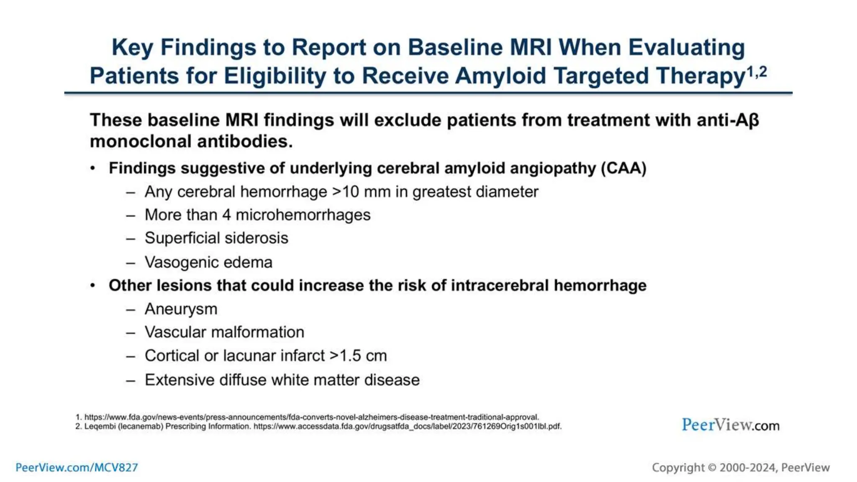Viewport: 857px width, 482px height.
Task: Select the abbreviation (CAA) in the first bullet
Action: (x=624, y=168)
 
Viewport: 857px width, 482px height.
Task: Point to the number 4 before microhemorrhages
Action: (x=226, y=215)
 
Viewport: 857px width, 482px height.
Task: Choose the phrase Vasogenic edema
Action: (x=208, y=262)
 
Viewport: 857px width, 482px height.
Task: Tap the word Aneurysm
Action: (x=181, y=309)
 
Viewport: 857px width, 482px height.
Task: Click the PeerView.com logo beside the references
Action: (x=730, y=425)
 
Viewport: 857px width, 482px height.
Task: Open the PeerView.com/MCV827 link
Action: (x=77, y=467)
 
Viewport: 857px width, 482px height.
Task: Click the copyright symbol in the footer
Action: (x=712, y=467)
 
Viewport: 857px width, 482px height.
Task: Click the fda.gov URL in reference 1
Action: (x=311, y=417)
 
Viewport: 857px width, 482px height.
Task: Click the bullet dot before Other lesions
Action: (x=93, y=286)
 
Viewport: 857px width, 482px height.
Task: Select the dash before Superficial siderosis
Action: (x=131, y=238)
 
